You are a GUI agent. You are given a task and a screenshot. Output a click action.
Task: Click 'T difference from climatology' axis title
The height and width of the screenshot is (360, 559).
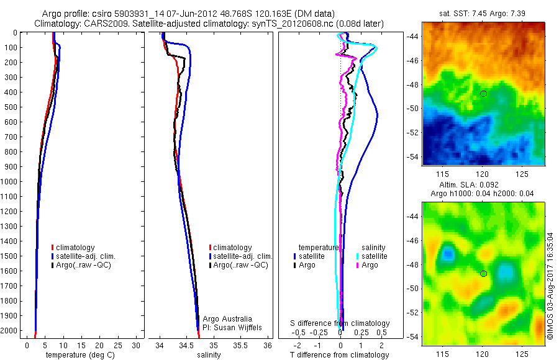339,355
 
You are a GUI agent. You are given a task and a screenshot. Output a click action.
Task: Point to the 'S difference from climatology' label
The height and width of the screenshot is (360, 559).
340,323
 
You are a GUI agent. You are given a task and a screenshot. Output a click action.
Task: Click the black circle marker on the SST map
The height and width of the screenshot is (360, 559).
484,94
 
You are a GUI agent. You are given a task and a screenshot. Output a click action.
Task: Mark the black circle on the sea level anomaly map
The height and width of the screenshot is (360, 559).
484,274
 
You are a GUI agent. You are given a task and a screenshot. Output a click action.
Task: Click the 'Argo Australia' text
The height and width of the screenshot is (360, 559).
229,318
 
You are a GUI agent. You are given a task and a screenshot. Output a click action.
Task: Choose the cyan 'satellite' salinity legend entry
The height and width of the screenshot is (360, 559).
375,256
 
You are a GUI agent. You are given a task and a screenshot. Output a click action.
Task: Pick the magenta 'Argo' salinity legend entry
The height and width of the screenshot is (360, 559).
370,266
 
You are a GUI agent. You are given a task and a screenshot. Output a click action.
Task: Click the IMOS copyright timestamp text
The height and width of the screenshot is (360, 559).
550,286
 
